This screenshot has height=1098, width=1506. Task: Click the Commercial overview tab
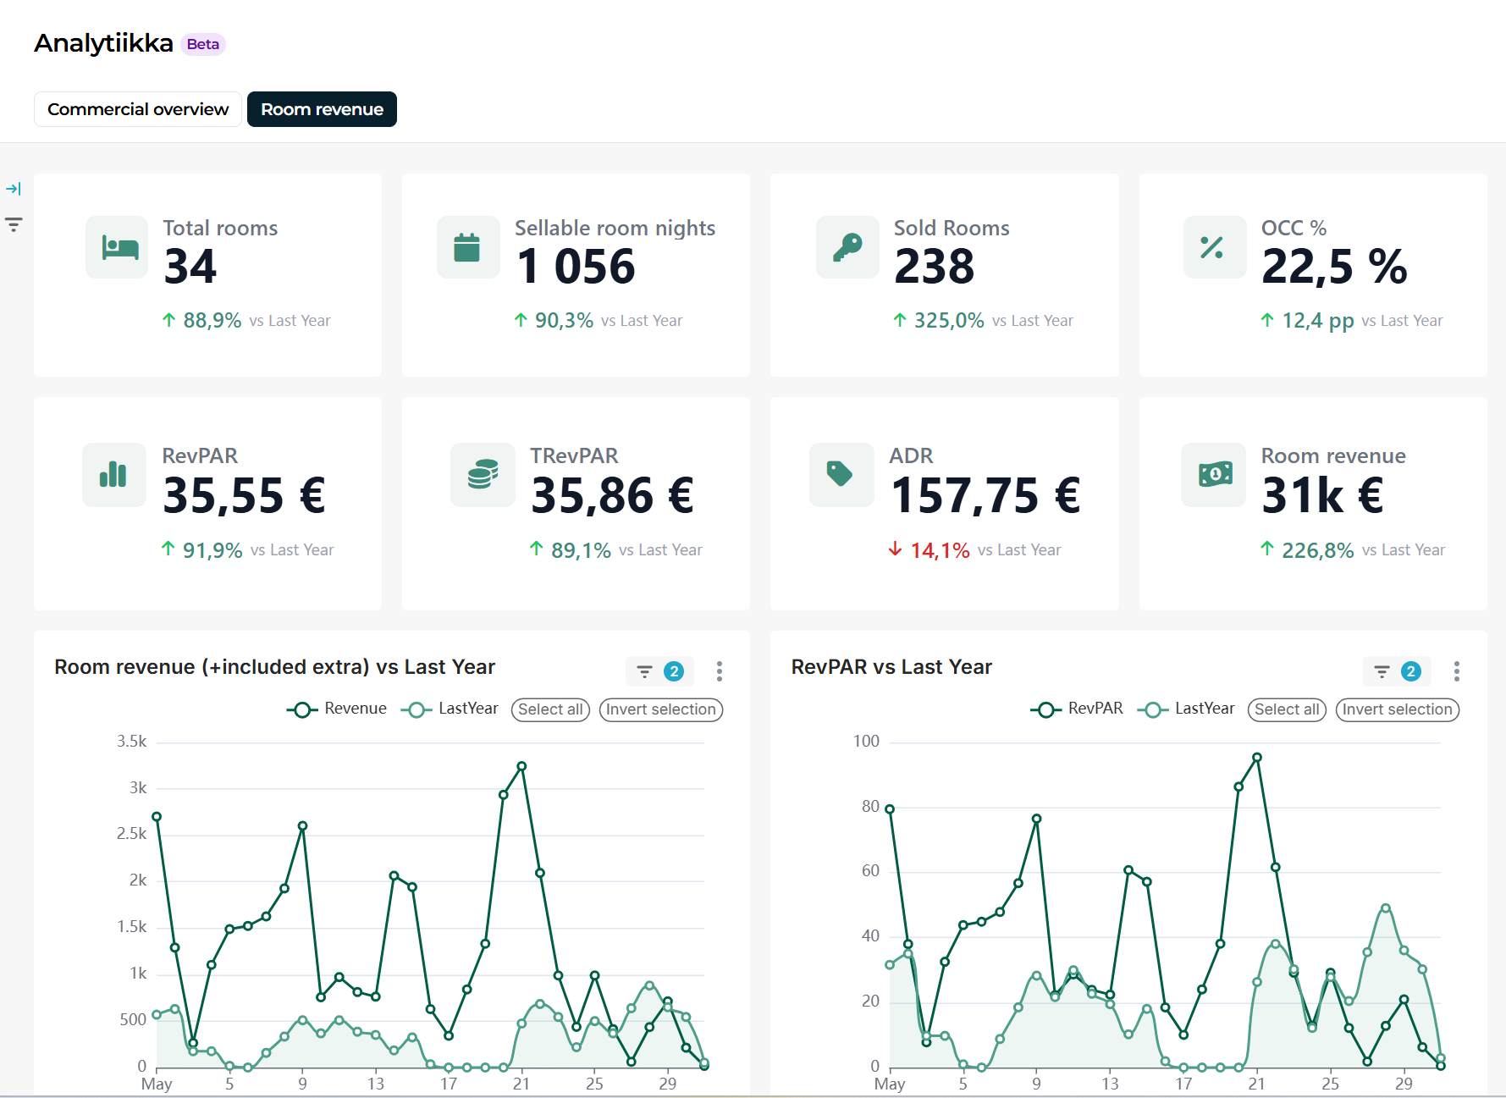(138, 109)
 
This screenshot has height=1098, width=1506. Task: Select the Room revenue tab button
(322, 109)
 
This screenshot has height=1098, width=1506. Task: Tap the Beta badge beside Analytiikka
(203, 44)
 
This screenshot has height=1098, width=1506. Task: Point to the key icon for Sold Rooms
(847, 247)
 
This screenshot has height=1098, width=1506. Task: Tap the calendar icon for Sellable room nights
(467, 247)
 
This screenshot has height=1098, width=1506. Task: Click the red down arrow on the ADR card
(895, 549)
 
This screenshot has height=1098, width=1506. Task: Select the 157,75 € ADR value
(985, 495)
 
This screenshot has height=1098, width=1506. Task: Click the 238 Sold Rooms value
(935, 267)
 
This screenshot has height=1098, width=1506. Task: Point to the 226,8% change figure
(1318, 550)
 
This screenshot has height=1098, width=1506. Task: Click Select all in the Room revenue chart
(550, 709)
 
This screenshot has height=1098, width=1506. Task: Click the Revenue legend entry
(337, 709)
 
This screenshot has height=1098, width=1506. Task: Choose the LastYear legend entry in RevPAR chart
(1186, 709)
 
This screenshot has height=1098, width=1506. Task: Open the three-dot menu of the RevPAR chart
(1456, 671)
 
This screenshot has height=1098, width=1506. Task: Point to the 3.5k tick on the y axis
(132, 742)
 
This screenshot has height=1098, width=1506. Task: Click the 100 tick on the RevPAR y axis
(866, 742)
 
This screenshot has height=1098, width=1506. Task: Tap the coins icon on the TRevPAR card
(483, 474)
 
